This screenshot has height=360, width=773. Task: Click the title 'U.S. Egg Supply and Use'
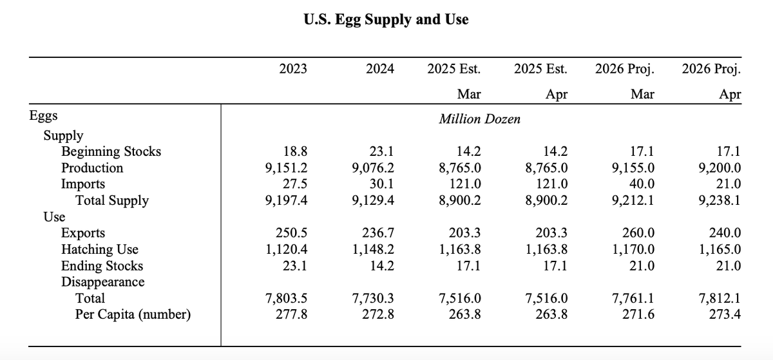pyautogui.click(x=386, y=20)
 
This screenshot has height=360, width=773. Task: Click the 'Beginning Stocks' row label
pyautogui.click(x=111, y=152)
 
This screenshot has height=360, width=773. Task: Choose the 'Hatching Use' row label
pyautogui.click(x=99, y=250)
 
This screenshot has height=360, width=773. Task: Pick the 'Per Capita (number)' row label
pyautogui.click(x=133, y=315)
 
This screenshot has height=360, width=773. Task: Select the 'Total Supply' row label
pyautogui.click(x=112, y=200)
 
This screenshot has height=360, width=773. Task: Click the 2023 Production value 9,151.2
pyautogui.click(x=287, y=168)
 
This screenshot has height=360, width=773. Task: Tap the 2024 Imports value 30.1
pyautogui.click(x=383, y=184)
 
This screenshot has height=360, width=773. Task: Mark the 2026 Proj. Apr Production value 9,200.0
pyautogui.click(x=720, y=168)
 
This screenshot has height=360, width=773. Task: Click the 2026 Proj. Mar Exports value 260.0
pyautogui.click(x=637, y=234)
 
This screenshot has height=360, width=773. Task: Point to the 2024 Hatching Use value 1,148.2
pyautogui.click(x=374, y=250)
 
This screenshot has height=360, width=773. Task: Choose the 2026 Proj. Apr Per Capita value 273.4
pyautogui.click(x=724, y=315)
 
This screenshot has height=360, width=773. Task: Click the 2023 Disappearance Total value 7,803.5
pyautogui.click(x=287, y=299)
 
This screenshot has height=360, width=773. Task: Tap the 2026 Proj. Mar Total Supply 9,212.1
pyautogui.click(x=633, y=200)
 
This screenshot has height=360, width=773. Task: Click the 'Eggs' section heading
pyautogui.click(x=44, y=116)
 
